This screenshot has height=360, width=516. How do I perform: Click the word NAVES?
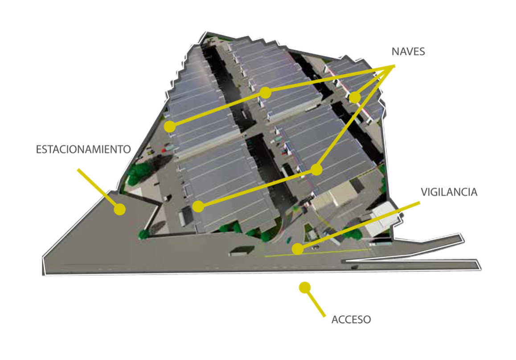(408, 52)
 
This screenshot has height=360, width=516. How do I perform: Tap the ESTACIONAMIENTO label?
(83, 149)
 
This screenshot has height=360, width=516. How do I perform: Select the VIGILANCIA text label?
(449, 192)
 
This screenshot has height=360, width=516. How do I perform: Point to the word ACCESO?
(351, 319)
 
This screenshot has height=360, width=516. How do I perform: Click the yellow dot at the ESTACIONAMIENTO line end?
(120, 209)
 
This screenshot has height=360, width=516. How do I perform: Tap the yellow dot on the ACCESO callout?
(305, 288)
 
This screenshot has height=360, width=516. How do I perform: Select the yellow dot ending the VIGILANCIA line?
(298, 249)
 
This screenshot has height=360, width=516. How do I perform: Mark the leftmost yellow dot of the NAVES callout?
(170, 127)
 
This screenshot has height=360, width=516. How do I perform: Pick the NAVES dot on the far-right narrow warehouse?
(355, 98)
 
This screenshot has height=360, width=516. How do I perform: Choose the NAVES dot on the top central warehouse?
(265, 93)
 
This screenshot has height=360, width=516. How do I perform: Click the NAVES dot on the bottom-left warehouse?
(198, 206)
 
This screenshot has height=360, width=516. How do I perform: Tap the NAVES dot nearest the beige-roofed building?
(316, 170)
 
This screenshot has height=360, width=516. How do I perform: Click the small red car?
(164, 151)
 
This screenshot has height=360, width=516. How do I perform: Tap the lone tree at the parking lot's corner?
(144, 234)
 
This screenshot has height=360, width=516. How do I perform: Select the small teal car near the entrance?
(289, 240)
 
